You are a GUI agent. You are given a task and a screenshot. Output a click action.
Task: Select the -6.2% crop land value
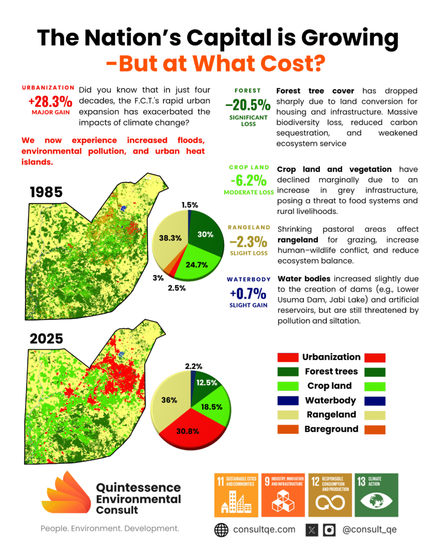click(248, 180)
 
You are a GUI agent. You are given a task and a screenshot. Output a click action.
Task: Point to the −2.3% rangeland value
click(248, 241)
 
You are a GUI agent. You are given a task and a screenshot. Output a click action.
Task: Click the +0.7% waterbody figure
click(248, 293)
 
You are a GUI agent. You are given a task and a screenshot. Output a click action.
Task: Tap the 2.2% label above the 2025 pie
click(194, 366)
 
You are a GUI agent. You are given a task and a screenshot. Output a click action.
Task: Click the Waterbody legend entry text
click(328, 400)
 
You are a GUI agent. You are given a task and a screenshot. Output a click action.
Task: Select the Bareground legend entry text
click(331, 429)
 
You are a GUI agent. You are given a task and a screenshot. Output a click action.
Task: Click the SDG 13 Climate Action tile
click(377, 495)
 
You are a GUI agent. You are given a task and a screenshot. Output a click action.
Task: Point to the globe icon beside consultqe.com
click(221, 529)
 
